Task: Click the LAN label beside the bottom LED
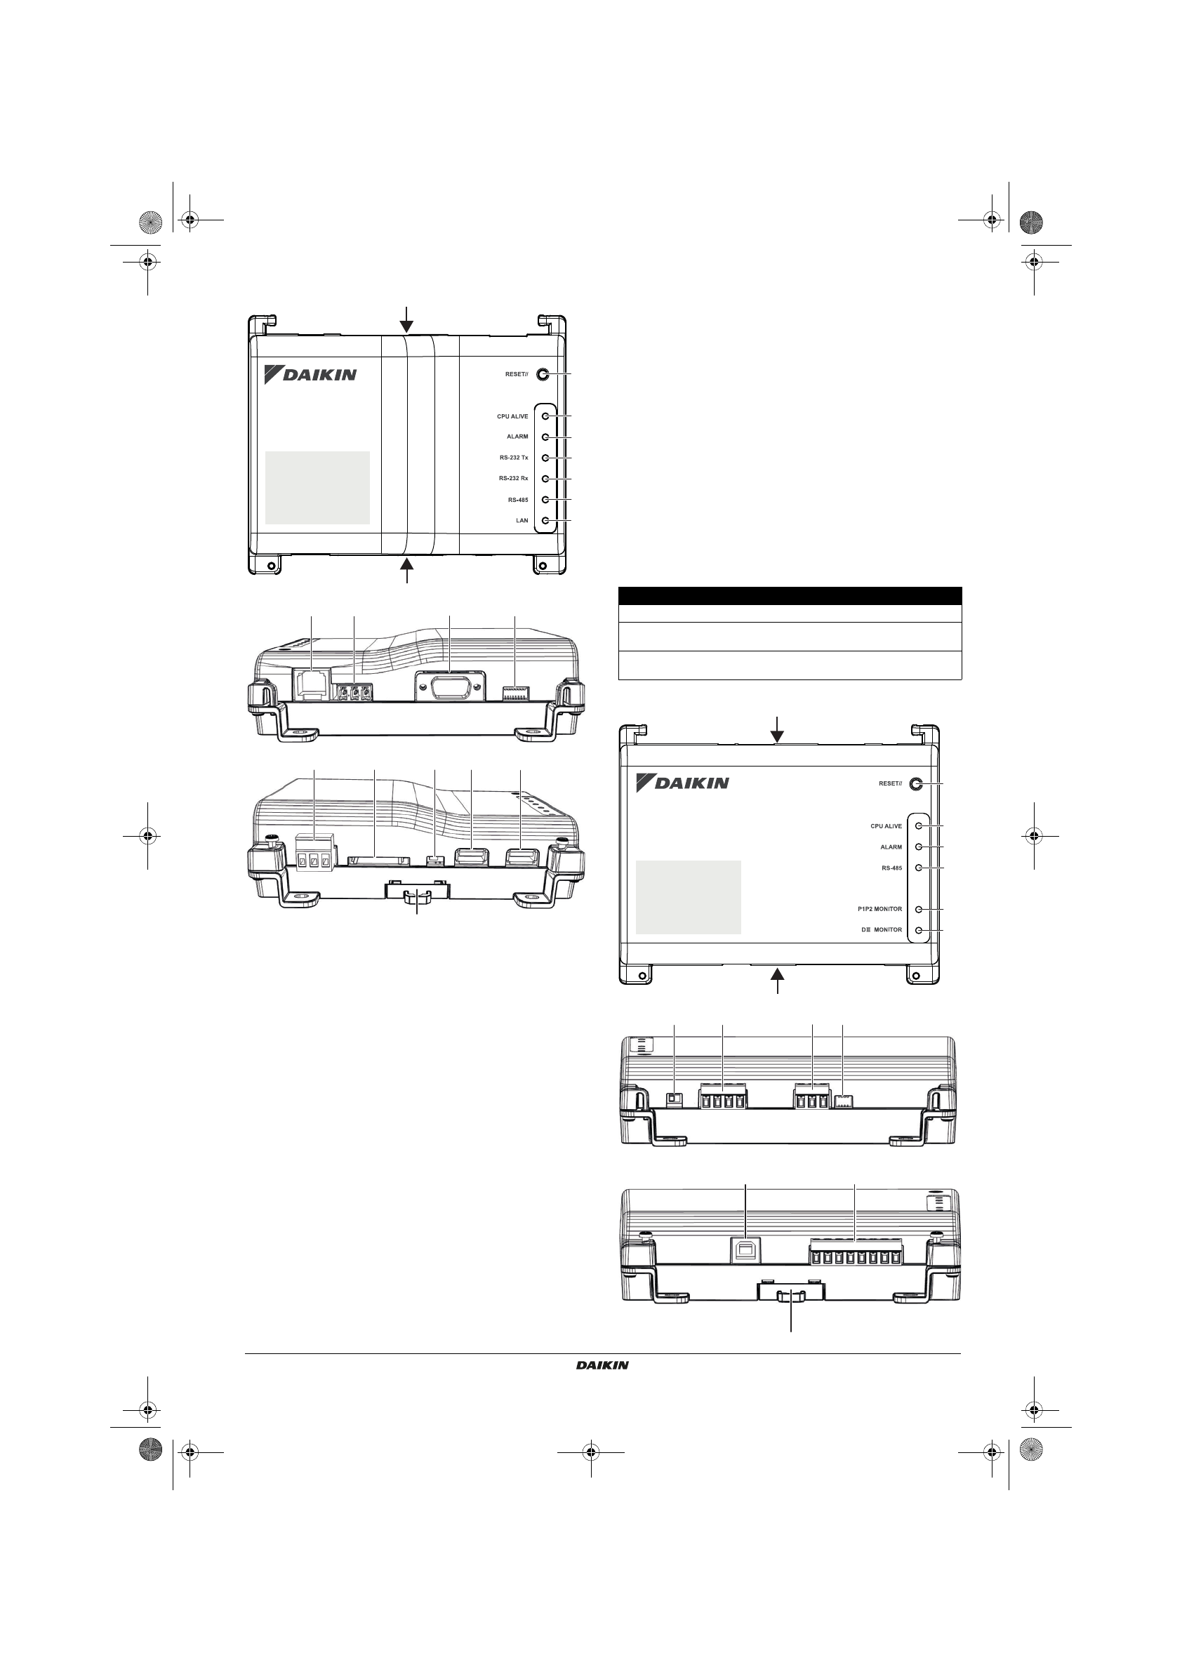coord(522,521)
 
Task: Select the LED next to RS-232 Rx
coord(545,479)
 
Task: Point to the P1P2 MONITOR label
coord(879,909)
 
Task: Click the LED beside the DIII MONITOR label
coord(919,930)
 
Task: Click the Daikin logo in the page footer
coord(602,1365)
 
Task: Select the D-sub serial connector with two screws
coord(450,687)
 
